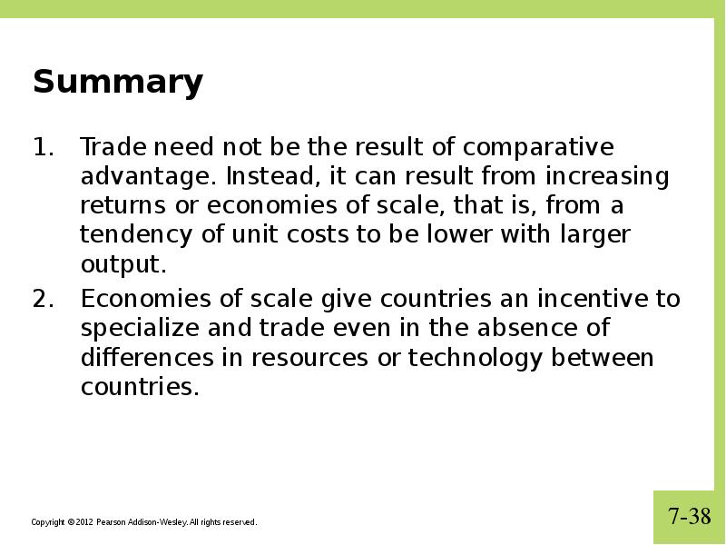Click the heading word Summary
(x=118, y=83)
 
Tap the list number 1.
(x=43, y=147)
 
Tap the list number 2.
(x=43, y=299)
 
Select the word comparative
(x=538, y=148)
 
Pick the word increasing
(x=607, y=177)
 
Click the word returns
(x=123, y=206)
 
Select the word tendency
(x=135, y=235)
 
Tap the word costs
(x=317, y=235)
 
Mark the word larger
(x=595, y=235)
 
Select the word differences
(x=147, y=357)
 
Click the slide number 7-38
(x=690, y=516)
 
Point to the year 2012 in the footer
(x=84, y=522)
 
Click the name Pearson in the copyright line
(x=111, y=522)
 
